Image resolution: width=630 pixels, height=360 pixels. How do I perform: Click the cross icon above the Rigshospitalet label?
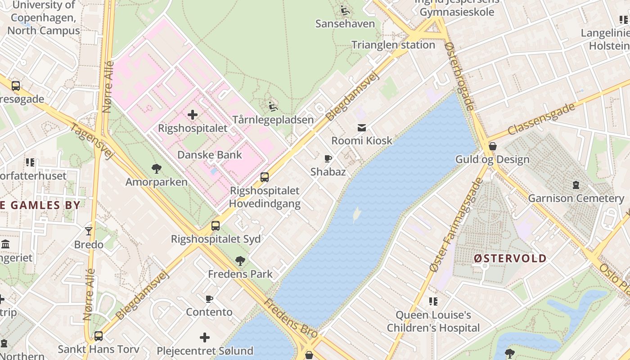tap(193, 115)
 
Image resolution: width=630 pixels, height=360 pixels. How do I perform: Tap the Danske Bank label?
tap(209, 155)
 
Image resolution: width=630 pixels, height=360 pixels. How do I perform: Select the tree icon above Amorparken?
tap(157, 169)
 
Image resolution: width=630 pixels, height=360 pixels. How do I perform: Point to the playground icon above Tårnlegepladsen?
tap(273, 107)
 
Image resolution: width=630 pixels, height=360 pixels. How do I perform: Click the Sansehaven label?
tap(345, 23)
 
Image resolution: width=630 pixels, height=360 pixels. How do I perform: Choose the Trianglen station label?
tap(393, 45)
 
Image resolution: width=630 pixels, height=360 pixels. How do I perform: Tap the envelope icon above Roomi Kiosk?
tap(362, 128)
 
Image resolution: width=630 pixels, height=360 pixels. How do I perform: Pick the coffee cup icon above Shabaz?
tap(328, 158)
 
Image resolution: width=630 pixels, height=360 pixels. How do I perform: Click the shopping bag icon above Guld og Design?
tap(493, 146)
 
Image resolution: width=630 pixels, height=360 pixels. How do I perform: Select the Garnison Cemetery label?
tap(576, 198)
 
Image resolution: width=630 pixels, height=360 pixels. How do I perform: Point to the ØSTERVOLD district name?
tap(510, 259)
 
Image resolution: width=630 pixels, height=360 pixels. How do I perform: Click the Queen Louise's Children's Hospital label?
tap(433, 321)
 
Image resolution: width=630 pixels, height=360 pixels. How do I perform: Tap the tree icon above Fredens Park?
tap(240, 261)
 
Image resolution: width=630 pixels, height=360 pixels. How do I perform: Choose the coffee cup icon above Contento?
tap(209, 299)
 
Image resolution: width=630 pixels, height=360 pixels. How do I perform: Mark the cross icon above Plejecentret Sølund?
tap(205, 337)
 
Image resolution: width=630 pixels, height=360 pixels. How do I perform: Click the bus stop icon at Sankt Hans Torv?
tap(98, 336)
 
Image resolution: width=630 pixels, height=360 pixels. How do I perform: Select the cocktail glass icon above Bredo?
tap(89, 231)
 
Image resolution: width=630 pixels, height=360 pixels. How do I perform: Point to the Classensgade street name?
tap(542, 119)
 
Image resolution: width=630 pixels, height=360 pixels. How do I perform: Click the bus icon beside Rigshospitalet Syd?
tap(216, 226)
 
